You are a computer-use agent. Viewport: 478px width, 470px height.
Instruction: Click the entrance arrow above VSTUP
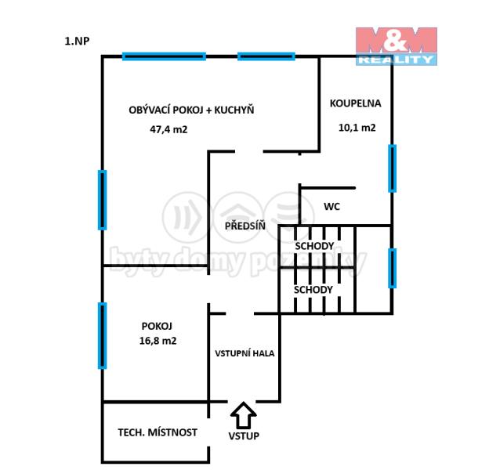coord(243,415)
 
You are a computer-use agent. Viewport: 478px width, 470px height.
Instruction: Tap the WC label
coord(331,206)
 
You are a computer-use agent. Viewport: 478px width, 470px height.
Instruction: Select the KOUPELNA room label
coord(356,103)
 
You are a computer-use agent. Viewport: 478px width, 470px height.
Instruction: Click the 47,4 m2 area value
coord(168,129)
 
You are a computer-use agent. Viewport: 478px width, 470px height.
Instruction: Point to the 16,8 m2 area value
coord(158,341)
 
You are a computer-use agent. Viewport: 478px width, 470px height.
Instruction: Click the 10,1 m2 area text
coord(357,127)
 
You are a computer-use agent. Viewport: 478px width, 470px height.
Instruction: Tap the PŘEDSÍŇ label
coord(245,226)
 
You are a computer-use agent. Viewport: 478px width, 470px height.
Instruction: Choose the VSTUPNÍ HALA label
coord(244,353)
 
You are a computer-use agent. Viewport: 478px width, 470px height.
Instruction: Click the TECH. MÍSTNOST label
coord(158,432)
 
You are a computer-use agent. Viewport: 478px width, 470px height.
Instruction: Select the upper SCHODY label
coord(314,246)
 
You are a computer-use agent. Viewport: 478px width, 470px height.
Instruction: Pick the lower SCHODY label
coord(313,290)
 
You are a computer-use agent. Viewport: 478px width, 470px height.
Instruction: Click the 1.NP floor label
coord(77,41)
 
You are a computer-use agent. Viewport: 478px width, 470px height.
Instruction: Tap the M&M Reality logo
coord(397,46)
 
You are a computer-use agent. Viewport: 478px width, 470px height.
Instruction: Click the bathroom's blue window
coord(392,168)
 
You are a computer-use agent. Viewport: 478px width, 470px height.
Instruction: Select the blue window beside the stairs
coord(392,268)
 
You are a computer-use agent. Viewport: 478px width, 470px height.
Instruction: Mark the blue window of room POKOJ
coord(102,335)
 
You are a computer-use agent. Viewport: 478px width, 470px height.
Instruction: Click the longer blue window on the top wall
coord(164,56)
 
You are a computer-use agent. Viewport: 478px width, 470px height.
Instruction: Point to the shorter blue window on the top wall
coord(266,56)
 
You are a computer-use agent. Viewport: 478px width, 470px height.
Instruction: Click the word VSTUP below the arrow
coord(244,436)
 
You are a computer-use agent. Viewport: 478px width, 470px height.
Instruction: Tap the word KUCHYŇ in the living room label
coord(234,109)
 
